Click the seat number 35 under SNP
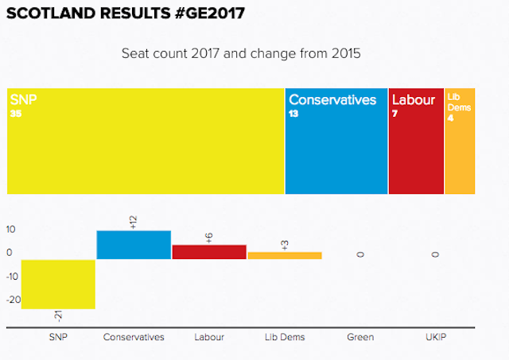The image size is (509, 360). (x=16, y=114)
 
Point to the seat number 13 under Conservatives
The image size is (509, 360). (x=293, y=114)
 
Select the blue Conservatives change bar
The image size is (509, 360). (x=134, y=245)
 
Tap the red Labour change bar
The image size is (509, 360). (x=209, y=252)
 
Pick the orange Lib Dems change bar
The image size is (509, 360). (x=285, y=255)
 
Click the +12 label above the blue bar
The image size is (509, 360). (x=134, y=222)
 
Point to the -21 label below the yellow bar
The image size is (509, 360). (x=57, y=316)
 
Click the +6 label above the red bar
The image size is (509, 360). (x=209, y=237)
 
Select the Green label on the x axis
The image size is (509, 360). (x=360, y=337)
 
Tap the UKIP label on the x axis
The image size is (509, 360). (x=435, y=337)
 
